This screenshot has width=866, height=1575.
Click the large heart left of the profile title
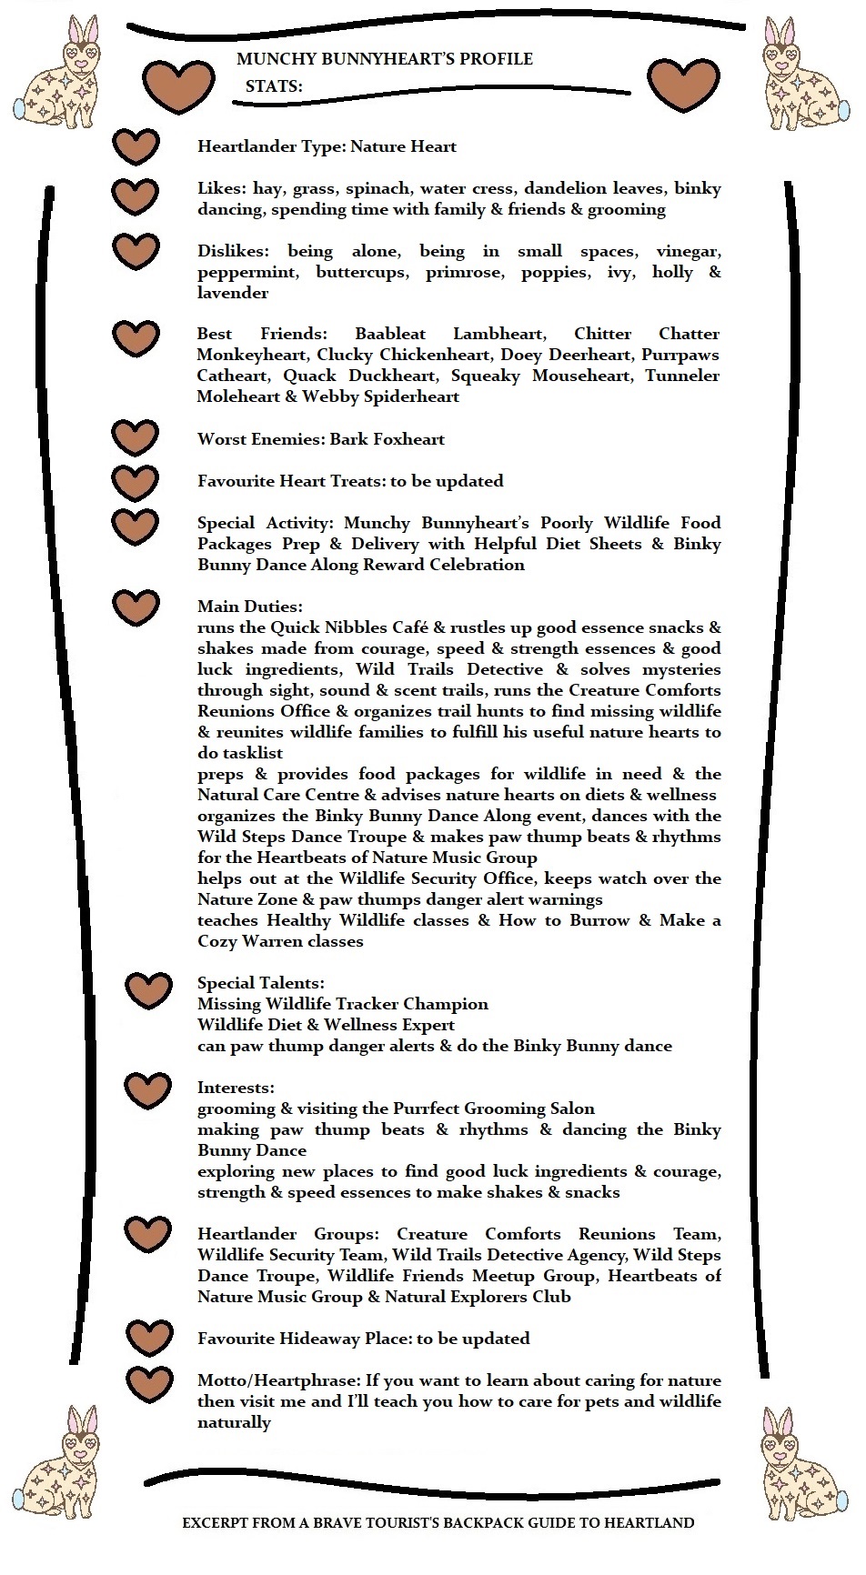[x=178, y=85]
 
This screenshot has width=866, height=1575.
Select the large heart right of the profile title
[x=683, y=83]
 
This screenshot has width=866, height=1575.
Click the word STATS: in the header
[x=274, y=86]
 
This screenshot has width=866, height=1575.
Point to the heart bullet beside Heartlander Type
[x=136, y=146]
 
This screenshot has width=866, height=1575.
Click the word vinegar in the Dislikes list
[x=689, y=251]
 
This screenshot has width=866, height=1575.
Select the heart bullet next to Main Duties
[x=136, y=607]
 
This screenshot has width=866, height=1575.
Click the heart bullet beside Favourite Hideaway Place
[x=149, y=1338]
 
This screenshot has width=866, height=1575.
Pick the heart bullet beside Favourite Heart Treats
[x=136, y=480]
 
